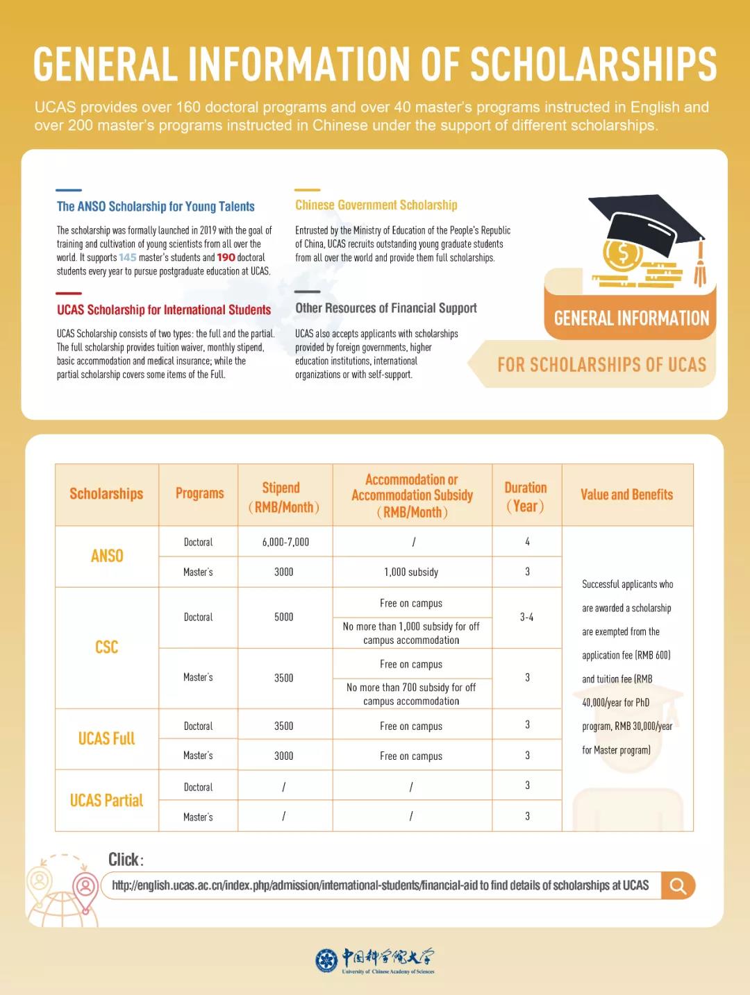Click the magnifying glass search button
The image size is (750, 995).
[x=678, y=885]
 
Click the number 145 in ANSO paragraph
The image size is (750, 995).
[x=128, y=257]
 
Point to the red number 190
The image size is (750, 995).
[x=226, y=257]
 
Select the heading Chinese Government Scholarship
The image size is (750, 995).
[x=376, y=205]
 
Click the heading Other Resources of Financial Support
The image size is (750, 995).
[x=385, y=308]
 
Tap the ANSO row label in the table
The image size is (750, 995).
[x=107, y=556]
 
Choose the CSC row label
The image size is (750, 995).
[x=107, y=647]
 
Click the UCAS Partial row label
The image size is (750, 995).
[x=107, y=800]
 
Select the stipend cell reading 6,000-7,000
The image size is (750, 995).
[x=285, y=542]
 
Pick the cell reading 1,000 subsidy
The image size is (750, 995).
[x=411, y=572]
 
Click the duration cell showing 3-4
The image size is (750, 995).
[x=527, y=617]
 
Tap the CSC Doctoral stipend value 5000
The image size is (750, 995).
[x=283, y=617]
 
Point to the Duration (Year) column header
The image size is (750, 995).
[x=526, y=496]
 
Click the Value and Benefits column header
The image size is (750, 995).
[x=626, y=495]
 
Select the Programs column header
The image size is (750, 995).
[x=199, y=493]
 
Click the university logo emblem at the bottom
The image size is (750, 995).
[x=326, y=960]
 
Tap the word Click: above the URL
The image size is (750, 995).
[x=126, y=860]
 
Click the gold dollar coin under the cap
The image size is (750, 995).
[x=622, y=255]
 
